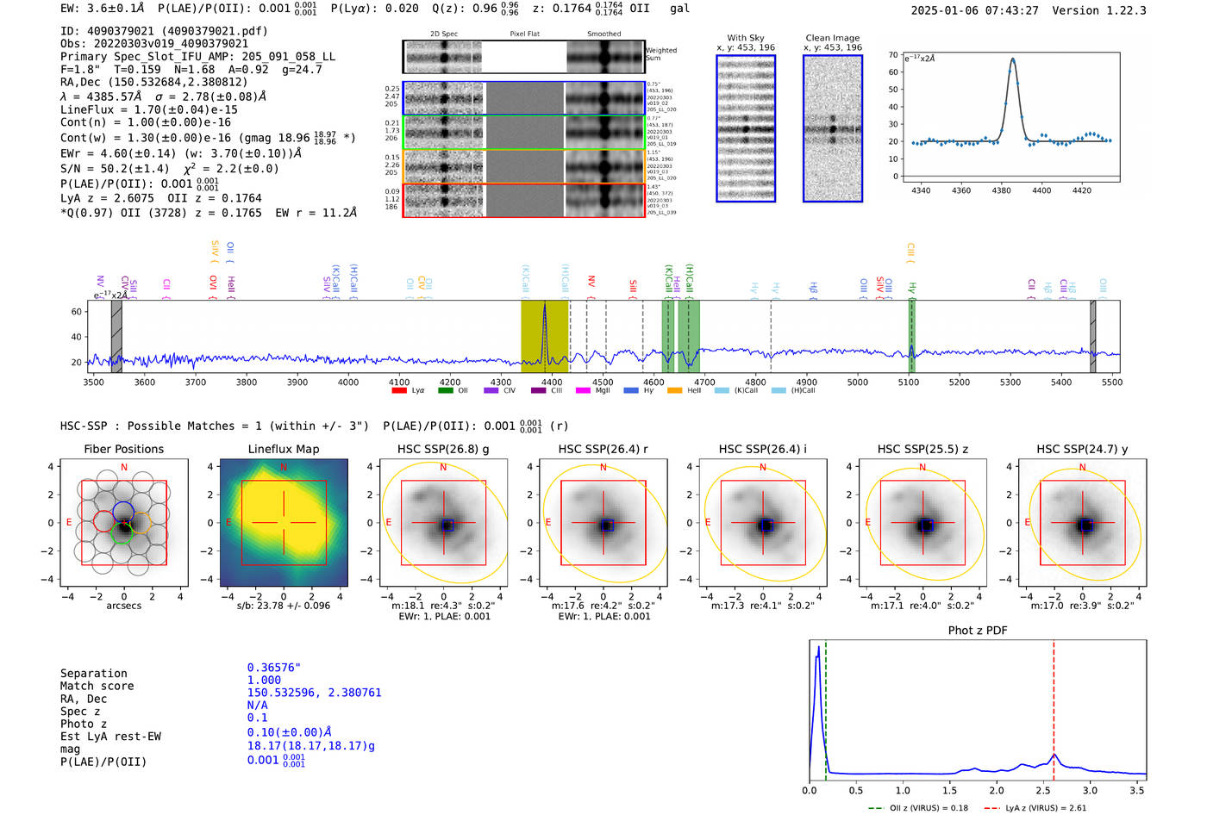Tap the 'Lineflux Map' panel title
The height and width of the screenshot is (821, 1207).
tap(283, 449)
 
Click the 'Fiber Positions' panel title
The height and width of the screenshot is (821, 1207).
tap(123, 449)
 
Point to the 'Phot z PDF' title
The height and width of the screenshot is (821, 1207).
tap(978, 631)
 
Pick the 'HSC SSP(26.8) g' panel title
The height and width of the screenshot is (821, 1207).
tap(443, 449)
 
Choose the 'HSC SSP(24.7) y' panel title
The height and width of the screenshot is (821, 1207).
tap(1082, 449)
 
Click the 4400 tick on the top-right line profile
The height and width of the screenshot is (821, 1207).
tap(1041, 190)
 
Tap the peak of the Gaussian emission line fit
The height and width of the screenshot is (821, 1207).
tap(1012, 59)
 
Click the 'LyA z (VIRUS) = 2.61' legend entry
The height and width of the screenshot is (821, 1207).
tap(1036, 808)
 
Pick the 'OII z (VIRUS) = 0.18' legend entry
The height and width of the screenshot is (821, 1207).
tap(919, 808)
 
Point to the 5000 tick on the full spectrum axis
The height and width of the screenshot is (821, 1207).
tap(857, 383)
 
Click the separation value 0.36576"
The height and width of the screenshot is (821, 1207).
tap(273, 668)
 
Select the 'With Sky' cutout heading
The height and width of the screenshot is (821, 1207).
tap(746, 38)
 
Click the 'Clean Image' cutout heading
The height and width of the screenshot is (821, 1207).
tap(832, 38)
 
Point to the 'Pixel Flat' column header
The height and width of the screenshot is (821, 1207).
tap(524, 34)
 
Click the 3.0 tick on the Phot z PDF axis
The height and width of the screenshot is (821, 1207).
tap(1090, 790)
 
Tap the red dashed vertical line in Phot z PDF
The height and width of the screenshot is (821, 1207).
tap(1054, 706)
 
